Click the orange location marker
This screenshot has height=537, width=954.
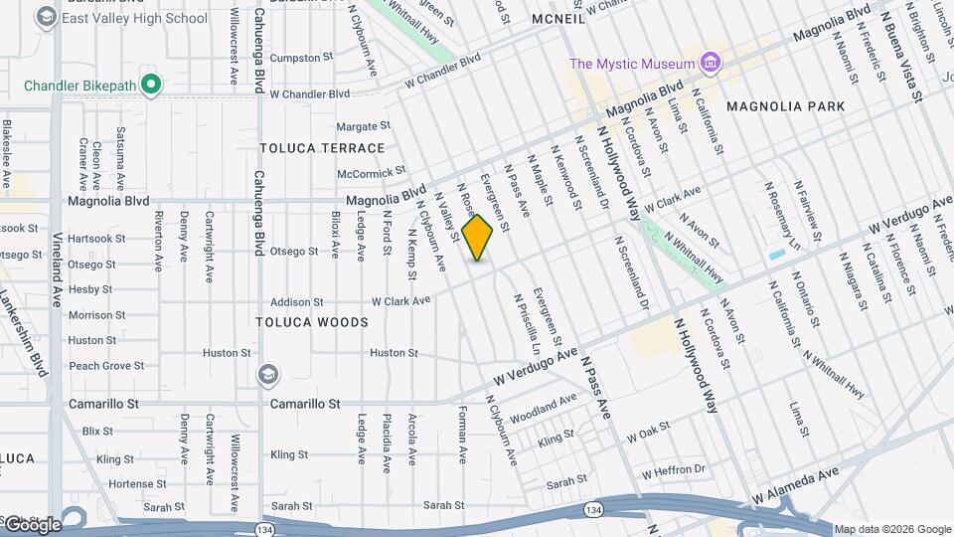pos(478,238)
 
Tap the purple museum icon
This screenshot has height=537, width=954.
pos(709,64)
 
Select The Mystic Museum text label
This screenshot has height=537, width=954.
pos(631,64)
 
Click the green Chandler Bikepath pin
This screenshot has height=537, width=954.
pos(151,86)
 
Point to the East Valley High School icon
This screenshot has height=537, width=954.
pos(46,18)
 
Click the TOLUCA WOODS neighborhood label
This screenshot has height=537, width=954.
pos(312,322)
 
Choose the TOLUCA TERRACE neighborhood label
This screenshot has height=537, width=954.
pos(322,148)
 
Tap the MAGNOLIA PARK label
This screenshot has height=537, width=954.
pos(785,106)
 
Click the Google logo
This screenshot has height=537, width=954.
pos(32,524)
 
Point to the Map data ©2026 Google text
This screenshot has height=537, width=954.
pos(891,529)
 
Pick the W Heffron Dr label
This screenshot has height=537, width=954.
pos(673,469)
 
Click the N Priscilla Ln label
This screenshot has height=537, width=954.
pos(526,323)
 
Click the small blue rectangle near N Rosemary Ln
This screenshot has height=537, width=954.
pos(776,255)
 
